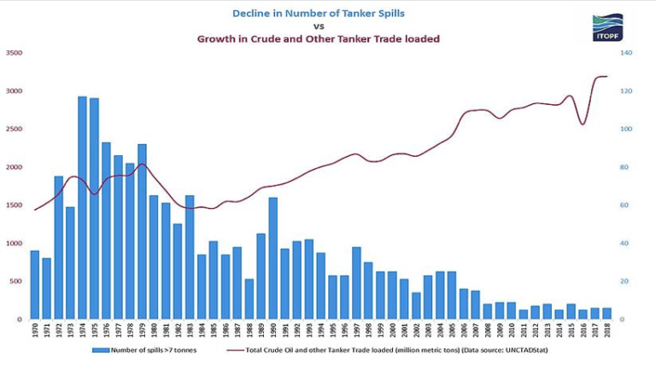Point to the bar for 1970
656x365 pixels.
35,285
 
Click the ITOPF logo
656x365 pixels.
607,27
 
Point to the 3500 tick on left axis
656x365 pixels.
14,53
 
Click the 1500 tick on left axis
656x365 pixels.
14,206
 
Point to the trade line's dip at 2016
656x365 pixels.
583,125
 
